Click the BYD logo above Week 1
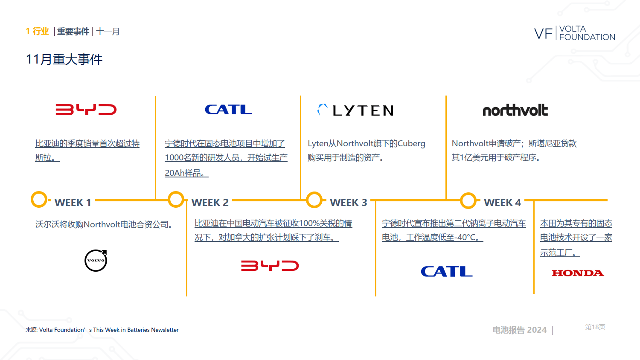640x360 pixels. pyautogui.click(x=86, y=110)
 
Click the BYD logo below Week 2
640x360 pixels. pyautogui.click(x=270, y=266)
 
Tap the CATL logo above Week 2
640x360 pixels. pyautogui.click(x=228, y=110)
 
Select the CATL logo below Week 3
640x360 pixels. pyautogui.click(x=446, y=271)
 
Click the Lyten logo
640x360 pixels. pyautogui.click(x=356, y=110)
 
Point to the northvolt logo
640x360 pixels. pyautogui.click(x=515, y=110)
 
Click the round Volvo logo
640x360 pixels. pyautogui.click(x=96, y=261)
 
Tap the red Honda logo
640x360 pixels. pyautogui.click(x=578, y=273)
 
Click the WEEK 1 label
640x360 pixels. pyautogui.click(x=73, y=203)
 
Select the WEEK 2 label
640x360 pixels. pyautogui.click(x=210, y=203)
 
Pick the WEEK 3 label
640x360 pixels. pyautogui.click(x=348, y=203)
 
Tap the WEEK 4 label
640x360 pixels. pyautogui.click(x=502, y=203)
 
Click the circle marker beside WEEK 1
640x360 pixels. pyautogui.click(x=39, y=200)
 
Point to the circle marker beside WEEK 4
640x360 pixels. pyautogui.click(x=468, y=200)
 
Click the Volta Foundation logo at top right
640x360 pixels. pyautogui.click(x=574, y=33)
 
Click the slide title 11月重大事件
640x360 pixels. pyautogui.click(x=64, y=59)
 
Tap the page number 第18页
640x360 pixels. pyautogui.click(x=595, y=327)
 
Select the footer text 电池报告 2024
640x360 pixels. pyautogui.click(x=519, y=330)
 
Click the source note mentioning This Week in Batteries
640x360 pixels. pyautogui.click(x=102, y=330)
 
